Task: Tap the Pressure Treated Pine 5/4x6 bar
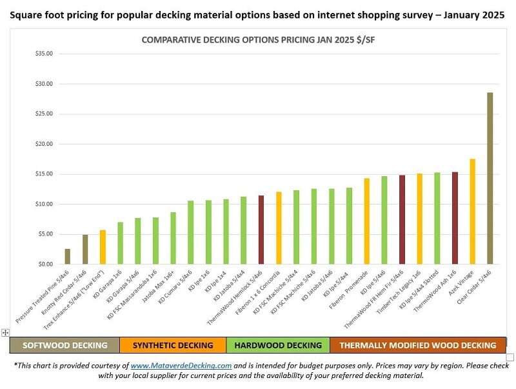click(67, 257)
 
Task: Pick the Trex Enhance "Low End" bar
click(103, 247)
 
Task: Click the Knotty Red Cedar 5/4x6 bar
click(84, 250)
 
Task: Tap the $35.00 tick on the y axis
click(44, 54)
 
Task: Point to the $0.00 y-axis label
click(45, 264)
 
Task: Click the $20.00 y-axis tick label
click(44, 144)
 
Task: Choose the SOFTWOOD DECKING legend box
click(64, 345)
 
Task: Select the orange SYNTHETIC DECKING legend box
click(173, 345)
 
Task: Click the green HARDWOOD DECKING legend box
click(278, 345)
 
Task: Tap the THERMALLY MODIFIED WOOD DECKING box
click(418, 345)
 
